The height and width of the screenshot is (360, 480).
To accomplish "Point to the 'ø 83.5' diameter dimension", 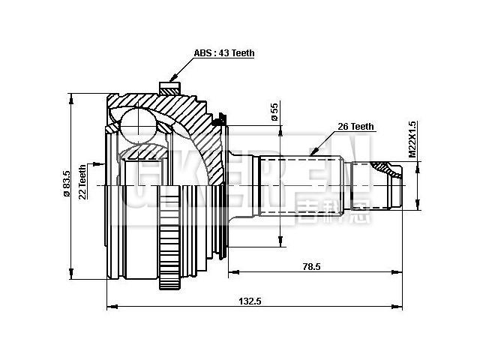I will pos(67,184).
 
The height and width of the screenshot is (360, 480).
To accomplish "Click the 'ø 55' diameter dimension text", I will pos(274,112).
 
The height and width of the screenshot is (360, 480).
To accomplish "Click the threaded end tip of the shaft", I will pos(396,183).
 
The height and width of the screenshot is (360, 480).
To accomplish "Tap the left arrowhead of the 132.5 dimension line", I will pos(111,306).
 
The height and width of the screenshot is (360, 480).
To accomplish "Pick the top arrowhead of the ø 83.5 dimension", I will pos(73,96).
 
